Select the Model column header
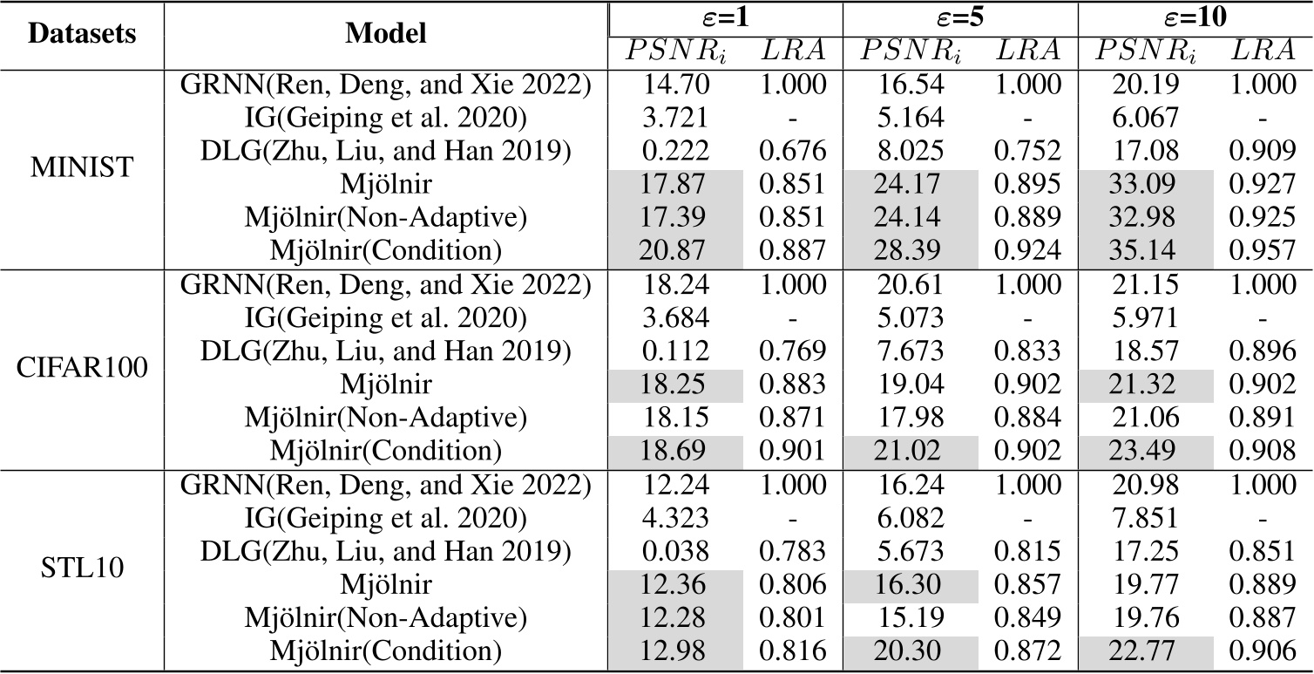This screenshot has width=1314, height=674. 386,34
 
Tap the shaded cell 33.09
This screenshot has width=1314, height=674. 1146,186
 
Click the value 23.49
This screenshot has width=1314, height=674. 1146,452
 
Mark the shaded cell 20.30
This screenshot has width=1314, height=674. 910,652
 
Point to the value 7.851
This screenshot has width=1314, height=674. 1146,519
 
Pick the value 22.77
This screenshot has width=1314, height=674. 1146,652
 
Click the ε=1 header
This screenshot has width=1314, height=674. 724,17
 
